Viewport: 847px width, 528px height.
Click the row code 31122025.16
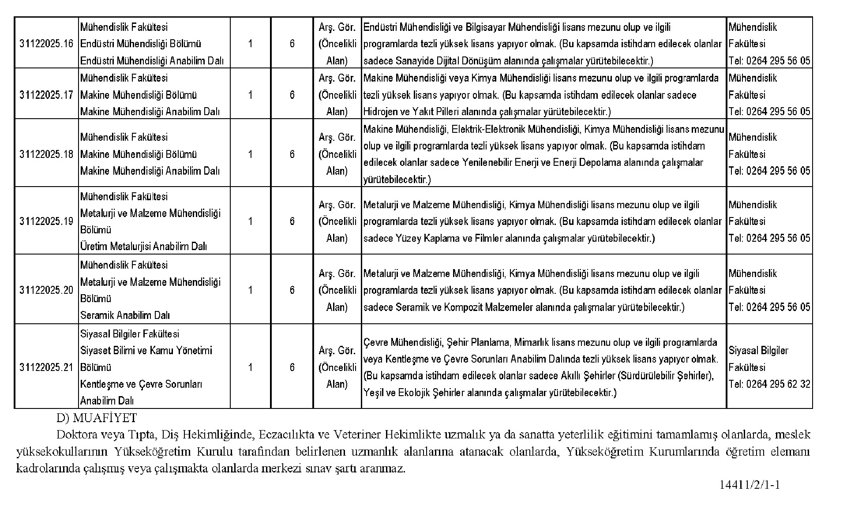46,44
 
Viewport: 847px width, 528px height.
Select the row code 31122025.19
46,221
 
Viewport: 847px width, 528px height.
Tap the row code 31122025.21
46,367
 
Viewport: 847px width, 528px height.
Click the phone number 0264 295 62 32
778,384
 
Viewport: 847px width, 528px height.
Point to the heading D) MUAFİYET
97,418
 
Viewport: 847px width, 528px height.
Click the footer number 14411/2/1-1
750,485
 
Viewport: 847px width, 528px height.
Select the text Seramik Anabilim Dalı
125,315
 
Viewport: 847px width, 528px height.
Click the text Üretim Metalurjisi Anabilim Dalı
143,247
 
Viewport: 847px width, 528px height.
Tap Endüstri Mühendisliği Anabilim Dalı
152,61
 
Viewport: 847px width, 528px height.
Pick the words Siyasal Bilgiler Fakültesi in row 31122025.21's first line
130,334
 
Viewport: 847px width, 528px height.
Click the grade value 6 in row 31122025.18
292,154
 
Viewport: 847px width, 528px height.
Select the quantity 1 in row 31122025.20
251,290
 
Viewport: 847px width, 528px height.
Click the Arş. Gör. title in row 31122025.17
337,79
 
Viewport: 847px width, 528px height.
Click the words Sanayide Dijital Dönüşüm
446,61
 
